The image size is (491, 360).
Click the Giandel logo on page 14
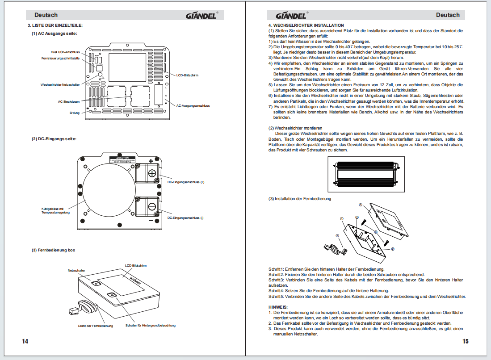(201, 16)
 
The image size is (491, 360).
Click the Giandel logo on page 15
(284, 16)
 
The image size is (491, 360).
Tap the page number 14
(25, 341)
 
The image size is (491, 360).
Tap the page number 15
(466, 341)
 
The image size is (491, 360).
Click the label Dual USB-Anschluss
(65, 52)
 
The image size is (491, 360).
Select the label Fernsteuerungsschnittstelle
(60, 59)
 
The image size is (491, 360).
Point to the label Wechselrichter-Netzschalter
(60, 84)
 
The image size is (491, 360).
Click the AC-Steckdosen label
(69, 101)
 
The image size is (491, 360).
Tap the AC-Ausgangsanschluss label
(193, 106)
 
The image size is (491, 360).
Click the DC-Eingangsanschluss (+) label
(185, 182)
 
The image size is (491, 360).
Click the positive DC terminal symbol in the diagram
(152, 173)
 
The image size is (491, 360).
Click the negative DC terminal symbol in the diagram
(152, 207)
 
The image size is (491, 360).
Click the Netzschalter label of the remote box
(76, 271)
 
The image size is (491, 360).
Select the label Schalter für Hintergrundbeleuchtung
(151, 325)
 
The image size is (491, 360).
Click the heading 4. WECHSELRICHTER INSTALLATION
(306, 25)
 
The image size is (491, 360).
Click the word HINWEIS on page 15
(278, 307)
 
